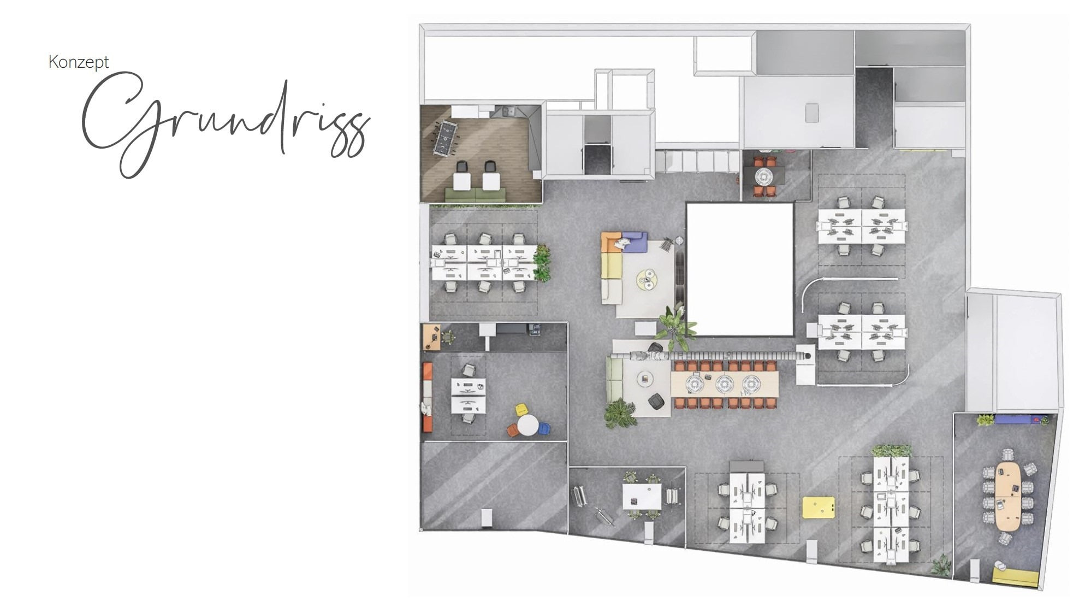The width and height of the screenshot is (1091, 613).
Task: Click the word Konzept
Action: pos(79,62)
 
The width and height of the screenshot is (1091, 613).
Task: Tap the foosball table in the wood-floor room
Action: pos(445,138)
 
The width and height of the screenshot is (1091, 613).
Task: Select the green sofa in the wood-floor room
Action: pos(475,194)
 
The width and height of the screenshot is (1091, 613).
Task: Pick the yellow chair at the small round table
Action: pos(521,409)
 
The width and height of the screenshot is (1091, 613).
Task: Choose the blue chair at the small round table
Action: pos(544,429)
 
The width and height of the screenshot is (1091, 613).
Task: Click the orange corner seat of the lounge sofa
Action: pos(610,241)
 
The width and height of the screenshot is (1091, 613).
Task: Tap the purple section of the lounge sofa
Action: pos(635,242)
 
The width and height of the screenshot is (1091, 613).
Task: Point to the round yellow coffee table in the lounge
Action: pos(647,280)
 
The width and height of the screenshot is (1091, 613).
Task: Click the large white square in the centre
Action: pos(739,269)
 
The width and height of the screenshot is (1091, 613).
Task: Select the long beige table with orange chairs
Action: pos(725,385)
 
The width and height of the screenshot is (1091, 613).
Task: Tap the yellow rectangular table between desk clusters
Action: pos(819,507)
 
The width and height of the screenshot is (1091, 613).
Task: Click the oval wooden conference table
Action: pos(1008,496)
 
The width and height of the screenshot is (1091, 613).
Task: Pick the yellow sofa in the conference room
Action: pos(1015,577)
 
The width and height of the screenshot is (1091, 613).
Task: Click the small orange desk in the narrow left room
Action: pos(431,337)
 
